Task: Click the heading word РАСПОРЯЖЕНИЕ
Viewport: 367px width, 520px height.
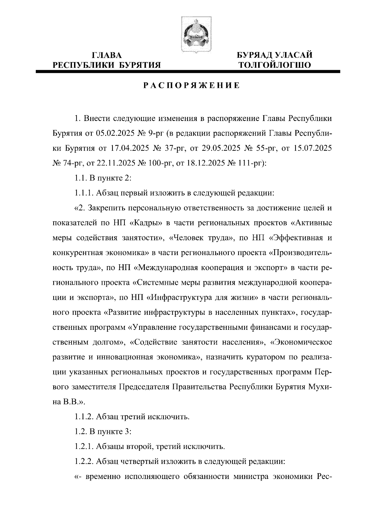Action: pyautogui.click(x=192, y=86)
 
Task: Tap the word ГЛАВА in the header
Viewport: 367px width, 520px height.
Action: pyautogui.click(x=107, y=55)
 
